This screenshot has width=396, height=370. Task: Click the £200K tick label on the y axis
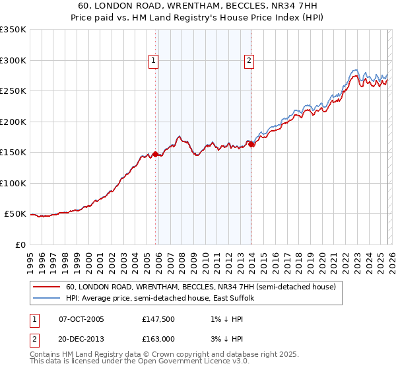point(13,122)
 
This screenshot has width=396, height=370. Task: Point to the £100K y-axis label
point(13,183)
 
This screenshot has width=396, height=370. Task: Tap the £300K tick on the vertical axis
point(13,60)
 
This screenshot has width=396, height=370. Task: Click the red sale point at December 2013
point(251,145)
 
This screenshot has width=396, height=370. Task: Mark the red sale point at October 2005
point(156,154)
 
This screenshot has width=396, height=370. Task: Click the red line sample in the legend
point(47,287)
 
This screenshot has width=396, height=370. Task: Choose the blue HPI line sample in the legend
point(47,299)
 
